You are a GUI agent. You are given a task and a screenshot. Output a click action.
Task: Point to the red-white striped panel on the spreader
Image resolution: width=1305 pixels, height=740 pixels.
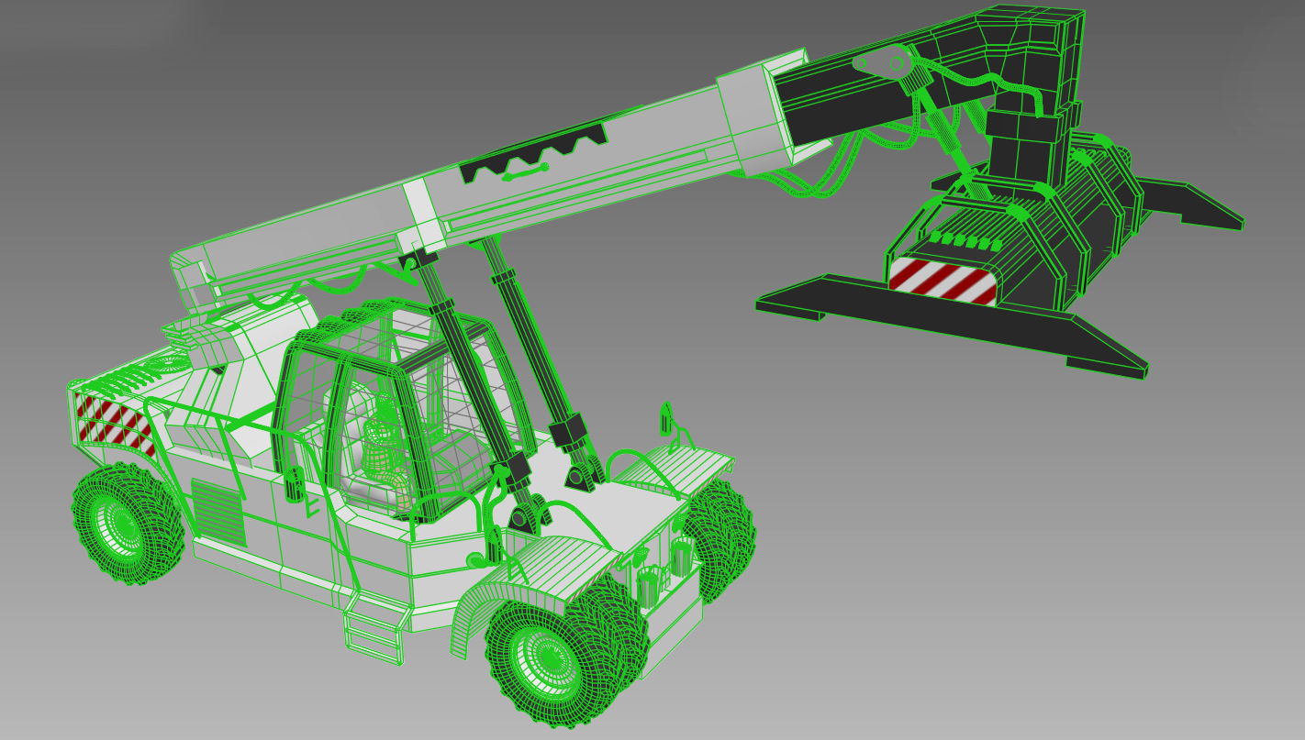point(942,281)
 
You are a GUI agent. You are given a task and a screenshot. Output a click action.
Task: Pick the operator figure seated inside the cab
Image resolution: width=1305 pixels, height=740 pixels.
point(384,440)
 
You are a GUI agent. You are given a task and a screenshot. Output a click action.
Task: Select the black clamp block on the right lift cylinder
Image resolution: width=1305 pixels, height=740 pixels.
point(569,431)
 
